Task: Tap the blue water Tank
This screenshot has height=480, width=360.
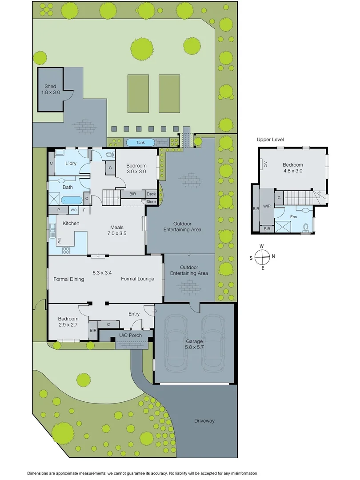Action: point(140,143)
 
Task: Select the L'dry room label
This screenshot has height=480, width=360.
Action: point(71,164)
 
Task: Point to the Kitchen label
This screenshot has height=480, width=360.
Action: point(71,223)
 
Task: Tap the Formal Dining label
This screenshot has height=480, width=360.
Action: point(69,279)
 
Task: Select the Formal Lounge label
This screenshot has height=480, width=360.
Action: point(138,279)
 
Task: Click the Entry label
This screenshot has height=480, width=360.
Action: point(134,314)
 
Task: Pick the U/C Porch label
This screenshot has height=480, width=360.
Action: point(129,335)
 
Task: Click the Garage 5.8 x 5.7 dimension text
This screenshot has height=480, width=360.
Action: point(194,347)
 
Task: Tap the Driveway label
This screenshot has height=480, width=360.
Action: point(204,420)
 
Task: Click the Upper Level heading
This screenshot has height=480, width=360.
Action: point(270,140)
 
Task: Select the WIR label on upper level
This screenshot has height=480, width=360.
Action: point(267,206)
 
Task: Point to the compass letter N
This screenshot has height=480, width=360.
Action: point(273,256)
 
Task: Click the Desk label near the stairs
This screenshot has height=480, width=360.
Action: point(152,194)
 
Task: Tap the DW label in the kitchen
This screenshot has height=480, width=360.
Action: point(59,241)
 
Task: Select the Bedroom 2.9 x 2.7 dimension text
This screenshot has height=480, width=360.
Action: point(68,325)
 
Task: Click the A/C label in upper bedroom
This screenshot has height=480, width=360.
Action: point(265,164)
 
